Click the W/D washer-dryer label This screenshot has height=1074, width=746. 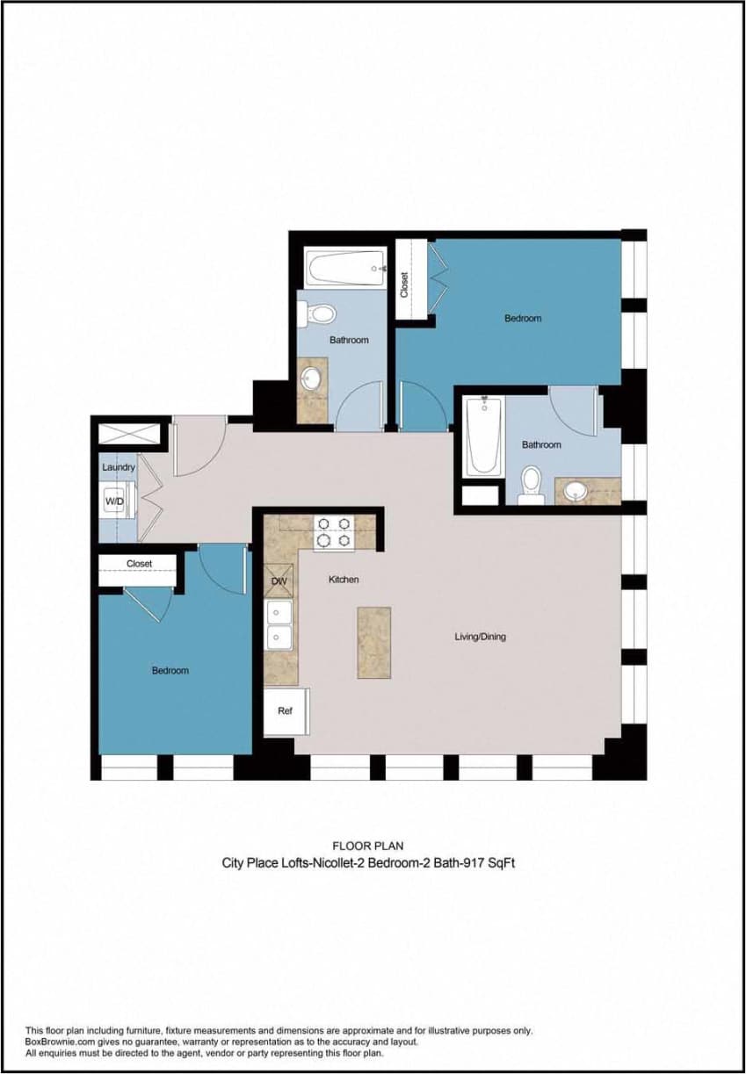[114, 501]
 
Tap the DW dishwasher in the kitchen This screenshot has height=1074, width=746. [279, 581]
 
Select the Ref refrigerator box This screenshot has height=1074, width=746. [285, 711]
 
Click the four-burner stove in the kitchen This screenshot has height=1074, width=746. [334, 532]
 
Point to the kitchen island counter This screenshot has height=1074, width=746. [373, 642]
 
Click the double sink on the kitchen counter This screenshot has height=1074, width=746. [279, 624]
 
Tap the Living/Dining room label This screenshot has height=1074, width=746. [480, 637]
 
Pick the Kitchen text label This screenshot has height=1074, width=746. [344, 580]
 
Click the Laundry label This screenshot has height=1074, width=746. [119, 467]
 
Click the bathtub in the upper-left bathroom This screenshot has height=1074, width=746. [345, 266]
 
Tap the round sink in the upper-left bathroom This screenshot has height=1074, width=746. [311, 379]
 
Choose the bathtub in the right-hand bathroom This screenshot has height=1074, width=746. [483, 436]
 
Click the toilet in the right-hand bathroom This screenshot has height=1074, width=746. [531, 484]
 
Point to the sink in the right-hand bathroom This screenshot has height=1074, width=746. [576, 491]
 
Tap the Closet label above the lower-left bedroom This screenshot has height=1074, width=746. [139, 564]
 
